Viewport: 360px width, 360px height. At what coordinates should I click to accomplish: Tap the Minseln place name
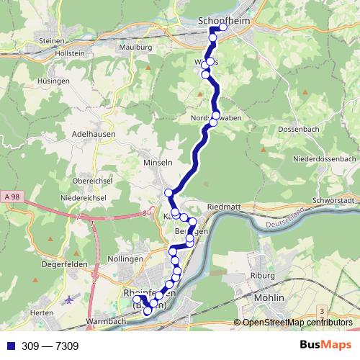click(x=159, y=163)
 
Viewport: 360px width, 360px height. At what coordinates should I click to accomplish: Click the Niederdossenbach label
click(x=325, y=158)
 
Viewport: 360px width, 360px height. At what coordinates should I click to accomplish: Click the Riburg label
click(x=264, y=276)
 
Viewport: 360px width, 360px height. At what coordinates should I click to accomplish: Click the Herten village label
click(x=43, y=312)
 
